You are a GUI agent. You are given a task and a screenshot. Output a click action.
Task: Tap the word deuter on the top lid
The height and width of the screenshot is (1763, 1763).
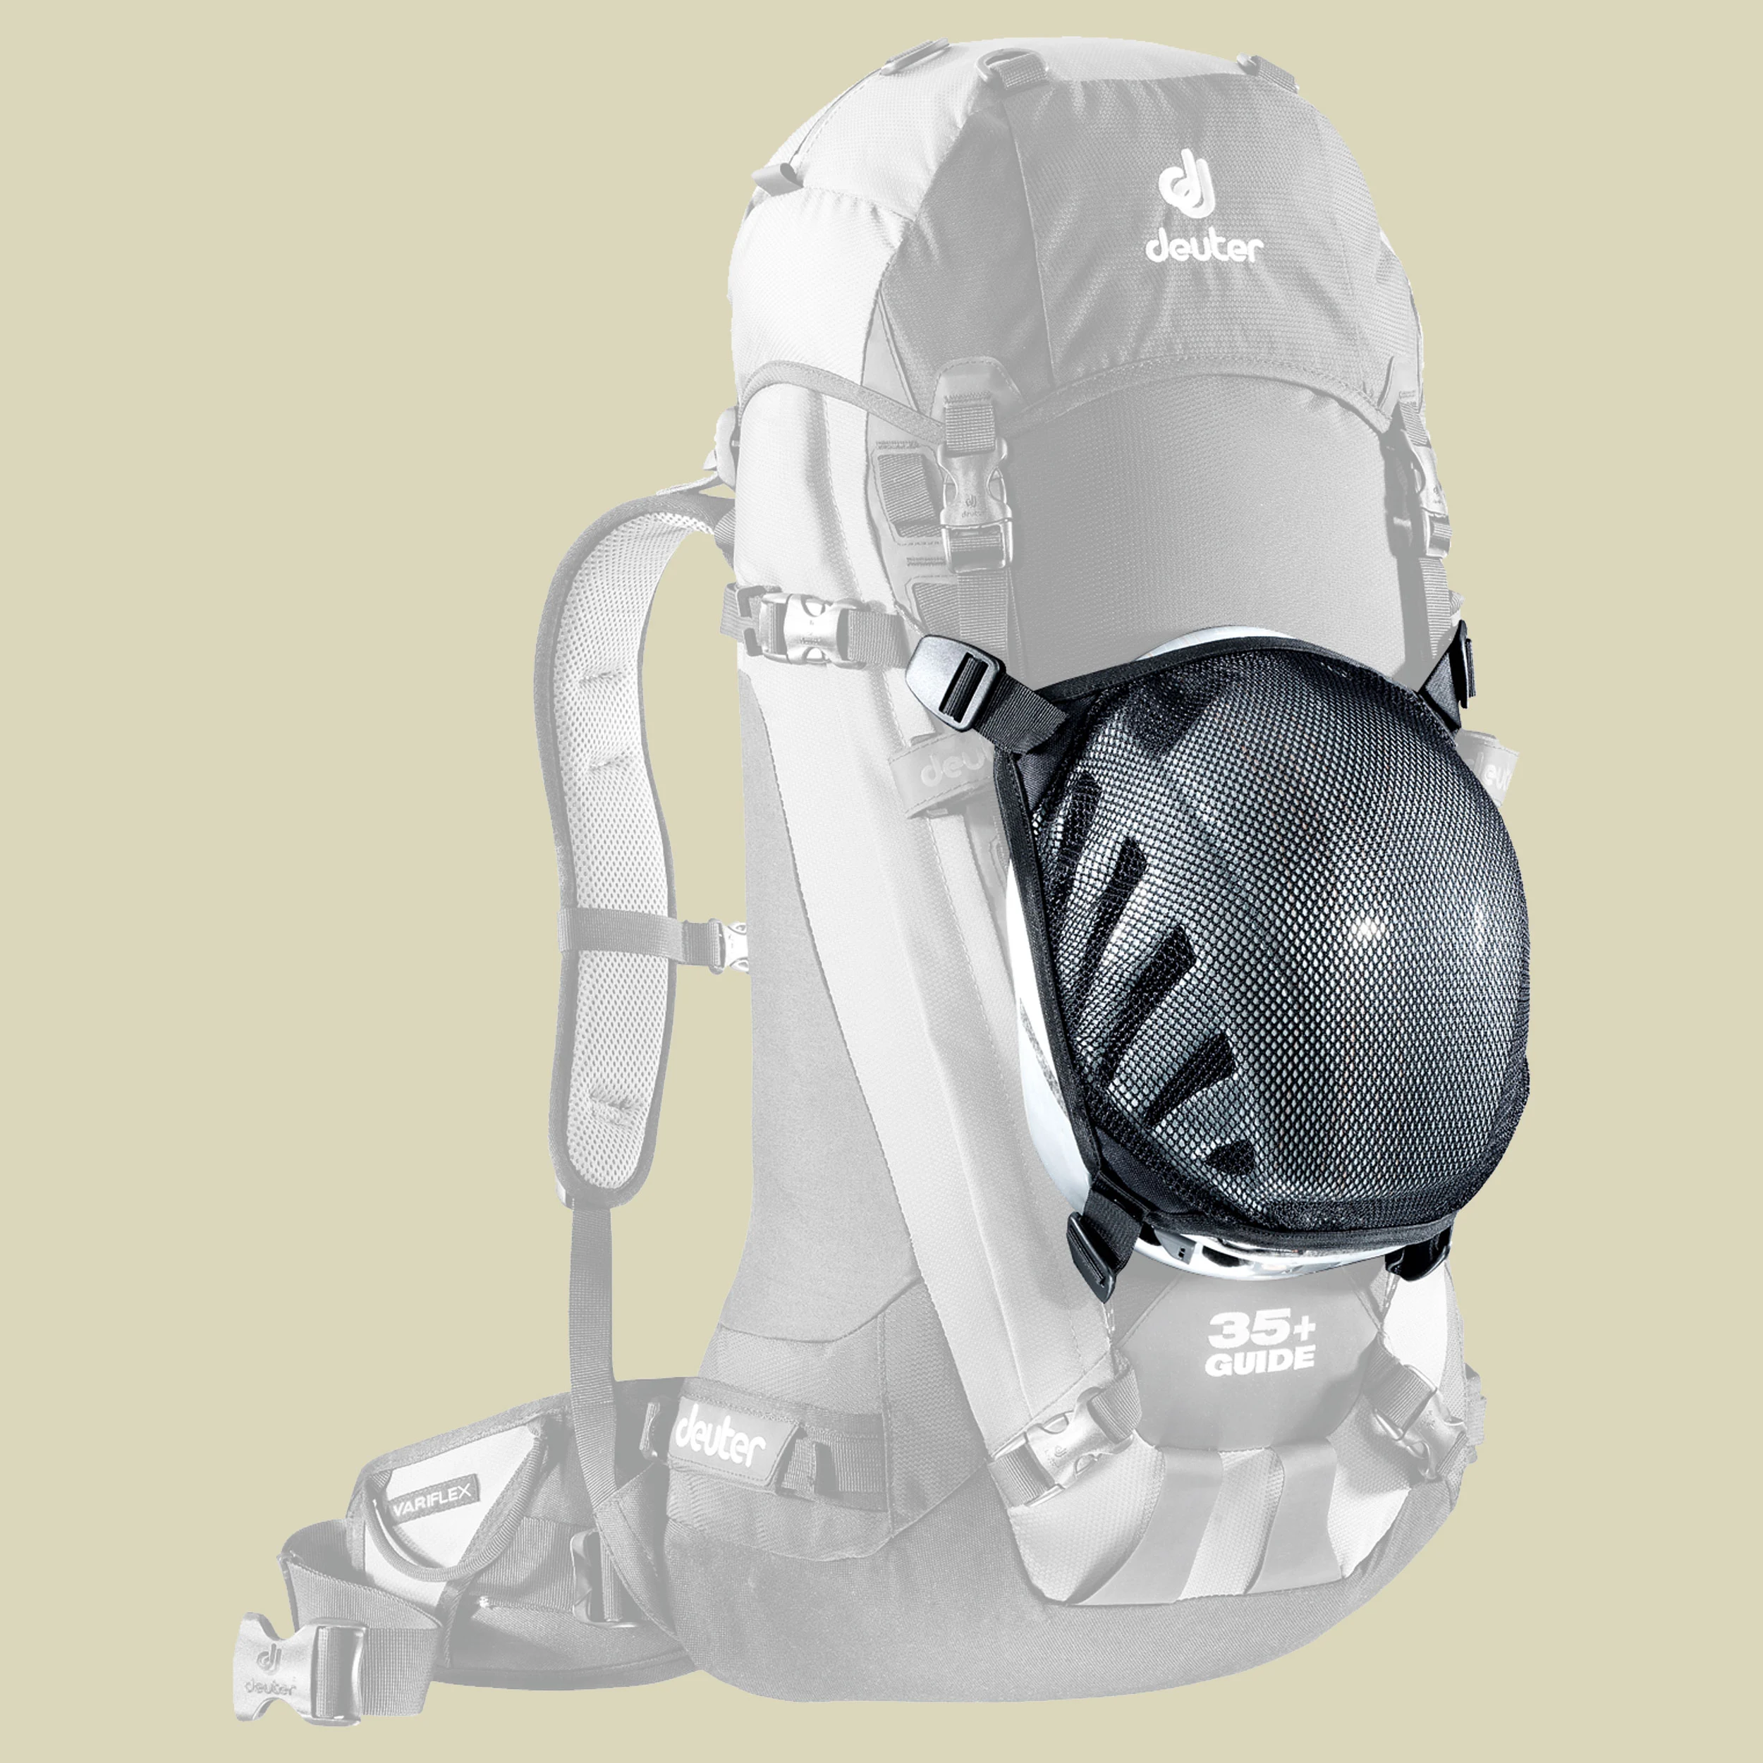point(1204,248)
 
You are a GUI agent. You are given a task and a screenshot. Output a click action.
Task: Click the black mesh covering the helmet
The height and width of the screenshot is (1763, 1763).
point(1278,958)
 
